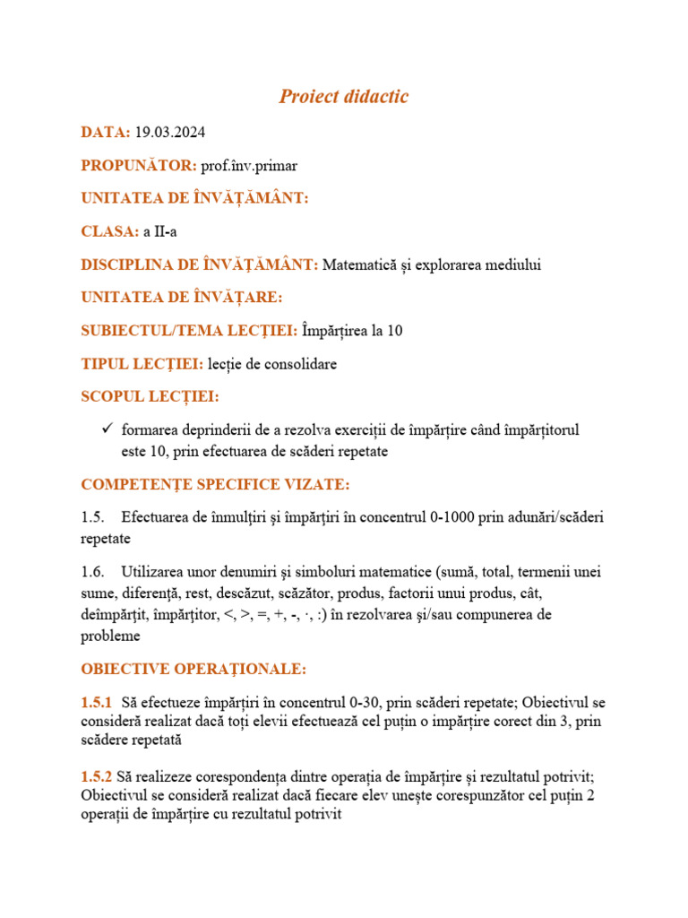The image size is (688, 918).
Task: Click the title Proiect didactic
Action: pos(344,97)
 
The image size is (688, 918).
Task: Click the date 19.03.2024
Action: pos(170,133)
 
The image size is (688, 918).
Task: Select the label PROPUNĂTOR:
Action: pos(139,166)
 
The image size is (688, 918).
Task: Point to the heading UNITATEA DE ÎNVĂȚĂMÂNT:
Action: pos(194,198)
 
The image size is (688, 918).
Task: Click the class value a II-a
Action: pos(160,231)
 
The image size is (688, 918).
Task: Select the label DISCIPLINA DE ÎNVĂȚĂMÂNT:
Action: pos(199,264)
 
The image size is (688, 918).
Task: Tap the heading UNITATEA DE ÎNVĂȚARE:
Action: pos(182,297)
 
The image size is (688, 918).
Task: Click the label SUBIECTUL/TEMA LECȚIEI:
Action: pos(189,331)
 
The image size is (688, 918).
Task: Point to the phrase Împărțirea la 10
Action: pos(353,331)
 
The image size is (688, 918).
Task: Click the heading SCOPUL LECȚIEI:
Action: pos(150,396)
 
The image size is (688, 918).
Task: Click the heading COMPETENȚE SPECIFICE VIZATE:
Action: pos(215,485)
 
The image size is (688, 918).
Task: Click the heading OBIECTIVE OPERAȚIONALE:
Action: pos(193,670)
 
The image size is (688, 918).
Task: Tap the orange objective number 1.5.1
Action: pos(97,702)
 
